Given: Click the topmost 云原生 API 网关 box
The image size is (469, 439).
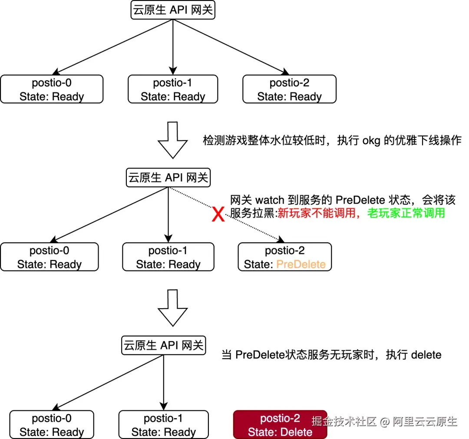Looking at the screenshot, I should click(x=173, y=10).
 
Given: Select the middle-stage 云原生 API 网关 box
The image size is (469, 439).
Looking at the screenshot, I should click(x=168, y=178).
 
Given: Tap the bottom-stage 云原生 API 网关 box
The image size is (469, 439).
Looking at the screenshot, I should click(x=163, y=346).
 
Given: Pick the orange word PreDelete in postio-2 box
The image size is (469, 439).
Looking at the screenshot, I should click(x=301, y=264).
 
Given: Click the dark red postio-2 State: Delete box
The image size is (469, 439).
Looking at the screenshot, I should click(x=280, y=425).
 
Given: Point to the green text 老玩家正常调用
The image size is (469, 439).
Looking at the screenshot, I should click(x=406, y=213).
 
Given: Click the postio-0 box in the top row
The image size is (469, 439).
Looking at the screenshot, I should click(x=52, y=89).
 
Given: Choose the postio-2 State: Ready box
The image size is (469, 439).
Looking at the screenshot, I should click(x=289, y=89).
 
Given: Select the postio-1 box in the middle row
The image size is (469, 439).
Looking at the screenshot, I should click(x=168, y=257).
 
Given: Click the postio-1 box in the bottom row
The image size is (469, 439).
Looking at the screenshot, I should click(x=163, y=425).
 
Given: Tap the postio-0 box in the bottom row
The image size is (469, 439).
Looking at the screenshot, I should click(x=52, y=425).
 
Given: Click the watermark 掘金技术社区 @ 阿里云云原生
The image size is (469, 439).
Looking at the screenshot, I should click(x=384, y=421).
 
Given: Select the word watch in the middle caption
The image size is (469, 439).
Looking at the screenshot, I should click(x=269, y=200).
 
